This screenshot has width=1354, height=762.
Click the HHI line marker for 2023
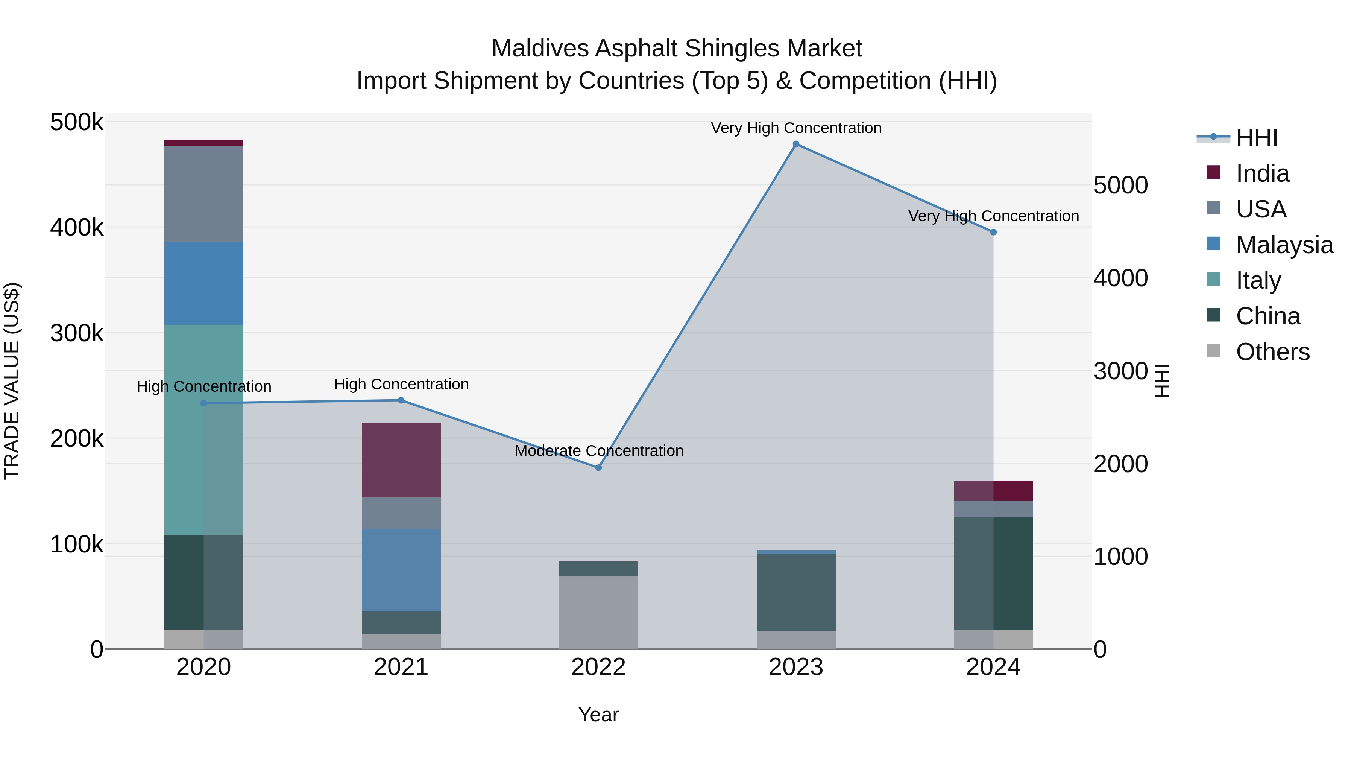pos(796,144)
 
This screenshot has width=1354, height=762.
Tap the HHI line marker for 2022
pos(598,467)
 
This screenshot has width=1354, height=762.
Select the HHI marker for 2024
pos(993,232)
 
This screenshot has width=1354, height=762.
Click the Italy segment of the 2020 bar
pos(203,430)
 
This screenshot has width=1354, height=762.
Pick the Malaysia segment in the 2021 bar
pos(401,570)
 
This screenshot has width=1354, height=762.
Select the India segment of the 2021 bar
pos(401,460)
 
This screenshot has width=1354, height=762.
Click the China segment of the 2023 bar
pos(796,593)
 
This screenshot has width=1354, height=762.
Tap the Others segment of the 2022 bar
pos(598,612)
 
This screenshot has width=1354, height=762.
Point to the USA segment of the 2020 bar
pos(203,194)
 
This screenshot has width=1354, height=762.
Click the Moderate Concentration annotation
pos(599,451)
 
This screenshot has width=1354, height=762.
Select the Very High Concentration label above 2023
pos(796,128)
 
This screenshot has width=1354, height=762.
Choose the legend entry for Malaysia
pos(1284,245)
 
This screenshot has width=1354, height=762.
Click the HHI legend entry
pos(1256,138)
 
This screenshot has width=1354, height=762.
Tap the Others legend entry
pos(1272,352)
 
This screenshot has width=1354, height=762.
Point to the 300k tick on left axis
pos(77,333)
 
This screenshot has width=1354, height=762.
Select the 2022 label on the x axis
pos(598,667)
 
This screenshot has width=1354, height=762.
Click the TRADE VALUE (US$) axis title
pos(12,381)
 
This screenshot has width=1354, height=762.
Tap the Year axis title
pos(598,715)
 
